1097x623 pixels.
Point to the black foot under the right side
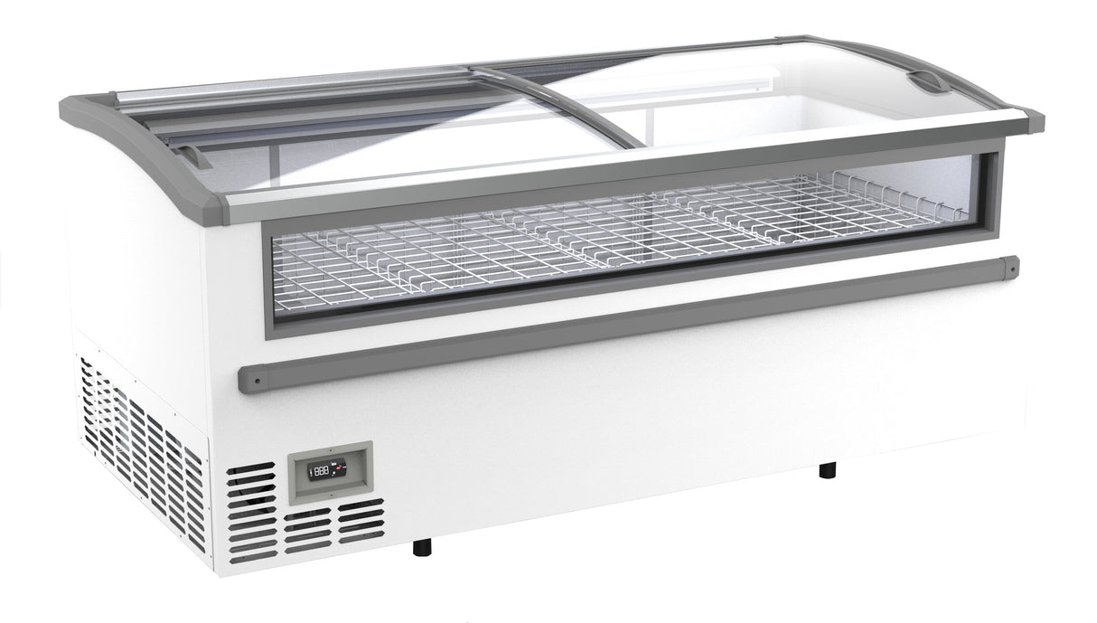[x=826, y=469]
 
